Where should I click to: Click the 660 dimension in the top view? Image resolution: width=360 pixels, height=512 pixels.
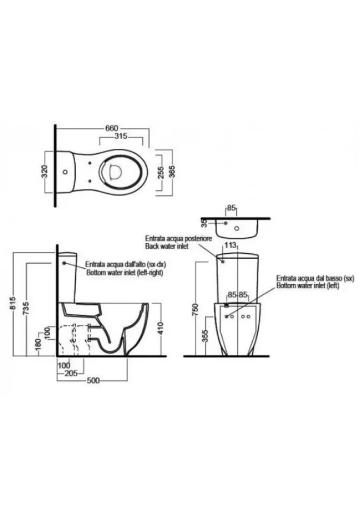click(111, 129)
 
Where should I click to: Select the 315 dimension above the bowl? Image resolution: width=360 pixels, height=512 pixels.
click(121, 136)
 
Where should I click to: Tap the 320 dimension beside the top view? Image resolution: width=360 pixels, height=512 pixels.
click(45, 171)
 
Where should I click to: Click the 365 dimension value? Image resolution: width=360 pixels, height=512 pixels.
click(172, 172)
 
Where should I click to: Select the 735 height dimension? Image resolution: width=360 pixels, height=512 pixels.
click(27, 308)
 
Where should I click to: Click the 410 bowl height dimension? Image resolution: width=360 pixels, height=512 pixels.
click(161, 329)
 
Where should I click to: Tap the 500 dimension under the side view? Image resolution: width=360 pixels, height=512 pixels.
click(93, 380)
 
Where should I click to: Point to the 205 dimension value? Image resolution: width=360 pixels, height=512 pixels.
click(71, 373)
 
